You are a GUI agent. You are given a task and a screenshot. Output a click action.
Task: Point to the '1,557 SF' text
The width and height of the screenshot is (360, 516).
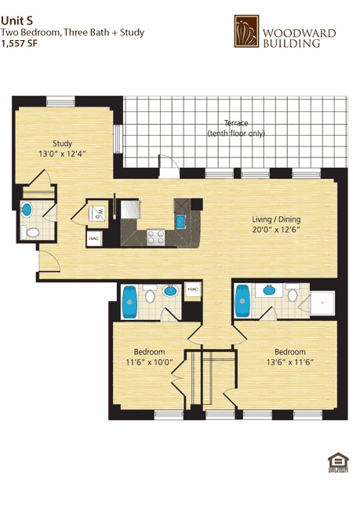(19, 44)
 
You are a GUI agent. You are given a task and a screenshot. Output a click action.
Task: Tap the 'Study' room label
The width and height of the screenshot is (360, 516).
(62, 143)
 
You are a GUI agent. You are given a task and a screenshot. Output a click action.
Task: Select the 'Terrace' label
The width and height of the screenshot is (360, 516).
(235, 123)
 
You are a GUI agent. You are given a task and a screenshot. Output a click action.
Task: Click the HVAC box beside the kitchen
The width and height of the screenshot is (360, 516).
(93, 238)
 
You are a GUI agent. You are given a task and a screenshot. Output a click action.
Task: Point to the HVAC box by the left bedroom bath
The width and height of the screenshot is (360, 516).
(192, 289)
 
